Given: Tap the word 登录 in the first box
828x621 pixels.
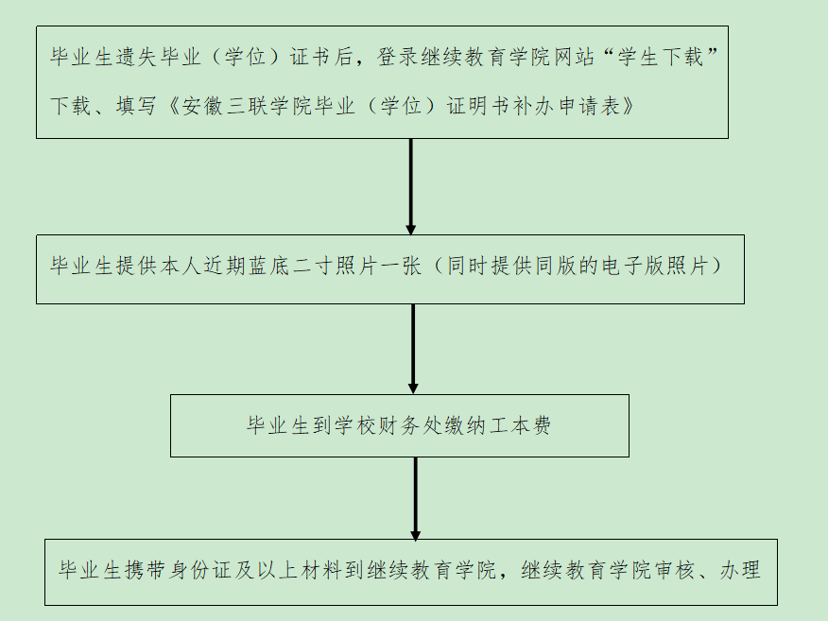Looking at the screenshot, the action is (398, 57).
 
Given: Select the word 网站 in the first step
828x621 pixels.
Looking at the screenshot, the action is (574, 57).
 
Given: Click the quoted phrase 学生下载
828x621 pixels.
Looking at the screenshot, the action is (660, 57).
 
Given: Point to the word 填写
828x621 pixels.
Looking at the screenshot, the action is (136, 106).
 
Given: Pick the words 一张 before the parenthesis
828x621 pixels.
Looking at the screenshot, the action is (400, 266).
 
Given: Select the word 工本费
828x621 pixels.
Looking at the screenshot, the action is (520, 425).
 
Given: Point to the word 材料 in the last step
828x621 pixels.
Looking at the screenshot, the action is (321, 570).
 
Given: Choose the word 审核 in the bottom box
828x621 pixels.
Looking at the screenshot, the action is (674, 570).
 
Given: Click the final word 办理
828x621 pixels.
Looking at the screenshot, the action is (740, 570).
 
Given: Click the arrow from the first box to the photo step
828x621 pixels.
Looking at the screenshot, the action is (411, 187).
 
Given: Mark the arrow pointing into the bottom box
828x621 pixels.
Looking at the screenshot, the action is (416, 498).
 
